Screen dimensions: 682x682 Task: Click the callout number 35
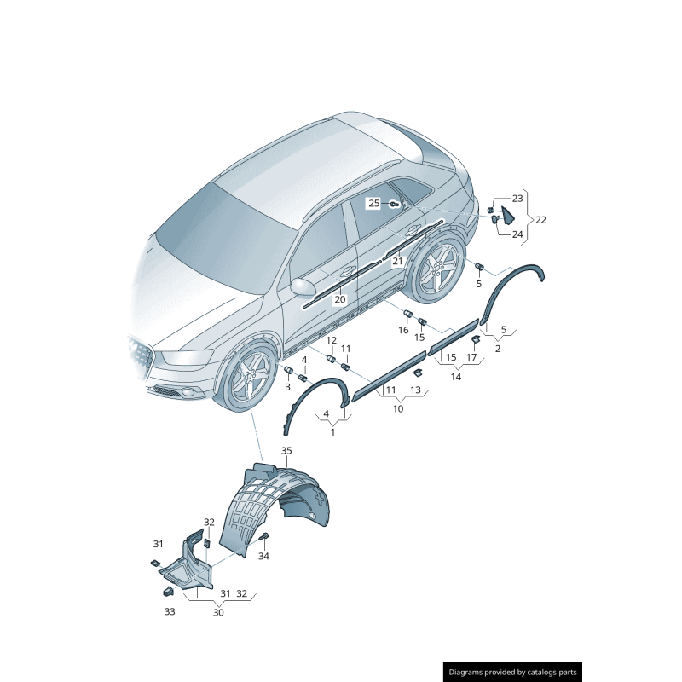coord(286,450)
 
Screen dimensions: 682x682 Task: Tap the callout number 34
coord(263,556)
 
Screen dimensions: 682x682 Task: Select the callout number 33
coord(169,611)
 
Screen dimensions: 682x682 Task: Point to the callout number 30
coord(219,612)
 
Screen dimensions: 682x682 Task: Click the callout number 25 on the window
coord(374,203)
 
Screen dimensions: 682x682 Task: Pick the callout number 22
coord(540,219)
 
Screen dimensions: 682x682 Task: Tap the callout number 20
coord(340,299)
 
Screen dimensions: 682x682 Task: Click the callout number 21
coord(397,262)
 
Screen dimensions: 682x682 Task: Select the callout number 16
coord(404,330)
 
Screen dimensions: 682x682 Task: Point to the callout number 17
coord(471,357)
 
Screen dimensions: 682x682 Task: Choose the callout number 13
coord(415,390)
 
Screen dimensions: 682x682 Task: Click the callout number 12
coord(332,341)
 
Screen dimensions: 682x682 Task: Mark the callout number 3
coord(287,387)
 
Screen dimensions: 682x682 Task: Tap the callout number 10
coord(397,409)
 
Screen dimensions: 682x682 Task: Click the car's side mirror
coord(303,286)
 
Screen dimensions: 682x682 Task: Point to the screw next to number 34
coord(264,537)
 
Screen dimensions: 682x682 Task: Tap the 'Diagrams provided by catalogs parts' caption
coord(513,672)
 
